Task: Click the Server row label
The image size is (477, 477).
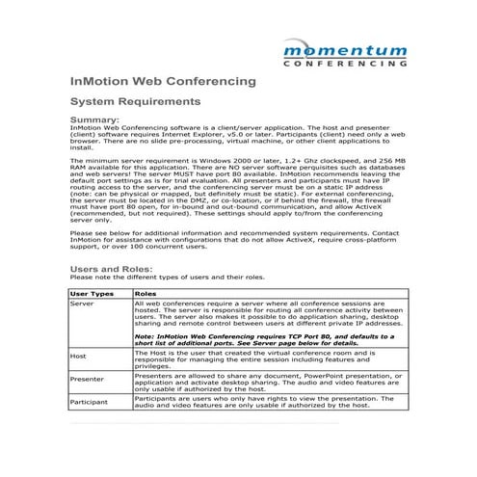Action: [x=85, y=303]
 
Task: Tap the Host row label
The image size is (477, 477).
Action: [x=81, y=356]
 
